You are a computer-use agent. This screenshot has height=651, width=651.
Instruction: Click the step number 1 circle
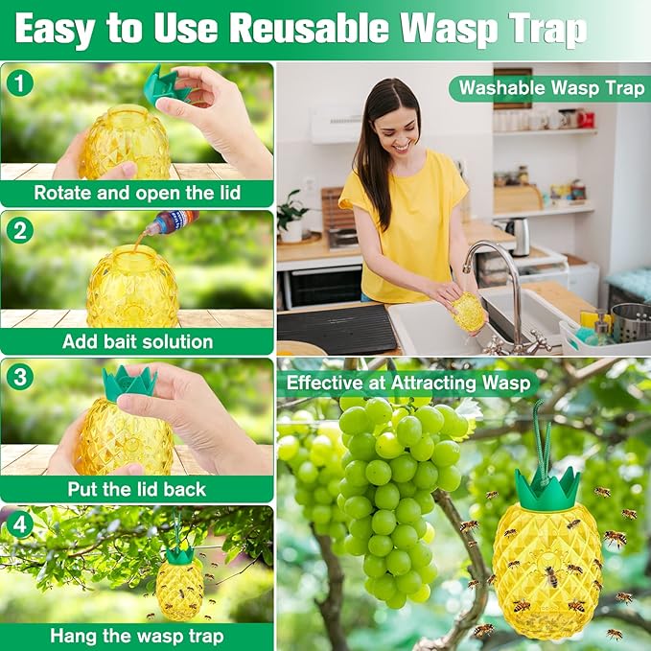click(19, 82)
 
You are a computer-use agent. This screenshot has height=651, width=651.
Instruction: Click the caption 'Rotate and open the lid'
click(137, 192)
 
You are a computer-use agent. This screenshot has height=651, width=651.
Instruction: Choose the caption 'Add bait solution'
click(137, 341)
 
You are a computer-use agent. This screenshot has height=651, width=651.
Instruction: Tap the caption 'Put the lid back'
click(137, 489)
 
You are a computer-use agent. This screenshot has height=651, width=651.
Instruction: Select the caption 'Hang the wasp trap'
click(137, 637)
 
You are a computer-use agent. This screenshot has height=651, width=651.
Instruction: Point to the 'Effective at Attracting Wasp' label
click(408, 384)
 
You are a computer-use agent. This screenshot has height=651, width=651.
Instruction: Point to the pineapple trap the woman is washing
click(468, 312)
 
